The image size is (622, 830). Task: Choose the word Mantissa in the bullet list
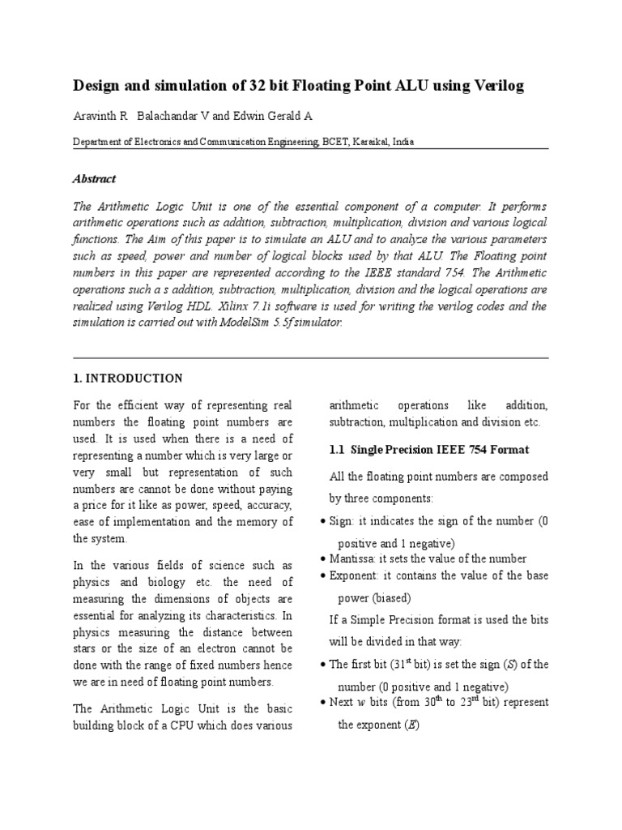click(355, 558)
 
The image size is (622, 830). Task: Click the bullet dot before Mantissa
click(324, 559)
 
